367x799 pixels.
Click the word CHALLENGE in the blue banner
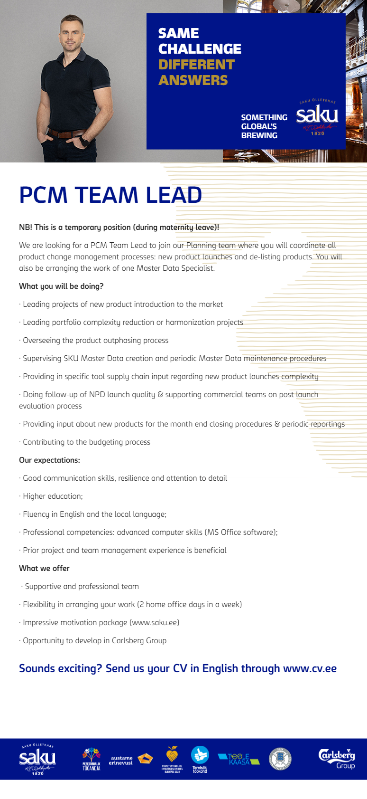(x=200, y=49)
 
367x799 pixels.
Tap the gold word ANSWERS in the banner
(x=193, y=80)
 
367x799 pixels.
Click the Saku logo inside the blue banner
(x=317, y=117)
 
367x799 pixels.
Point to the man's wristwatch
(x=84, y=141)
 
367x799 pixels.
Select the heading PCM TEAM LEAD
(x=110, y=195)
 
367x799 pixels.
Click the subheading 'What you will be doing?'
(x=61, y=286)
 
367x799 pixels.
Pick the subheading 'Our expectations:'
(x=49, y=460)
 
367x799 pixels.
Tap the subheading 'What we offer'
(x=44, y=569)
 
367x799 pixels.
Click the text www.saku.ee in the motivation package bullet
(x=154, y=623)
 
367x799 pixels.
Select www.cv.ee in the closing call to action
(x=310, y=669)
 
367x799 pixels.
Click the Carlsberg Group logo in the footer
(x=337, y=758)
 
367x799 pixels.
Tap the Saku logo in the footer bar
(x=37, y=759)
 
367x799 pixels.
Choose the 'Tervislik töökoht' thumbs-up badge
(x=200, y=759)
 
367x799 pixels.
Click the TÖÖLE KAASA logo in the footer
(x=239, y=759)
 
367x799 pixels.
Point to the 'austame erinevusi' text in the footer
(x=121, y=761)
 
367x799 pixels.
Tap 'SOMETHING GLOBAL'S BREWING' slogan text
(x=264, y=126)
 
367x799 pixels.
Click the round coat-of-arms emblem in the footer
(x=280, y=759)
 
